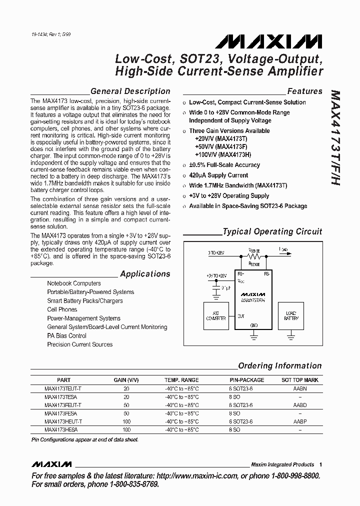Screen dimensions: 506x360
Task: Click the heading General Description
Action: click(x=130, y=91)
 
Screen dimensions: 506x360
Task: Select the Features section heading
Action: click(x=304, y=91)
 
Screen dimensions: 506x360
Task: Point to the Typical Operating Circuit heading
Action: click(x=272, y=231)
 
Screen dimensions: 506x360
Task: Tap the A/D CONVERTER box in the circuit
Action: click(x=216, y=315)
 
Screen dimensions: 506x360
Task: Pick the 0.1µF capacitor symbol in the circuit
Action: click(x=216, y=289)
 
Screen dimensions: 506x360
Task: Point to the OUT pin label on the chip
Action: click(x=241, y=316)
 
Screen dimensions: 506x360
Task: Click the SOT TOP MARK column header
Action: click(x=299, y=380)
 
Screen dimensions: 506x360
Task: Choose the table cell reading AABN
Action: click(x=299, y=388)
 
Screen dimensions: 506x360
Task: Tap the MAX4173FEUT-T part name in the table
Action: click(x=63, y=405)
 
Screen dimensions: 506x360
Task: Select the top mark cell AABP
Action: click(x=299, y=421)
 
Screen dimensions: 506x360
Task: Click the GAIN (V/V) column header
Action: click(x=126, y=380)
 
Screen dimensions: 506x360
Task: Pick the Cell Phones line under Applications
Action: click(x=62, y=309)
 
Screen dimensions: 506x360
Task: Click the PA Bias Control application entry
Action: click(x=66, y=335)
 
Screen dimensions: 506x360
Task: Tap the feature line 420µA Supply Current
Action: click(x=218, y=175)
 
